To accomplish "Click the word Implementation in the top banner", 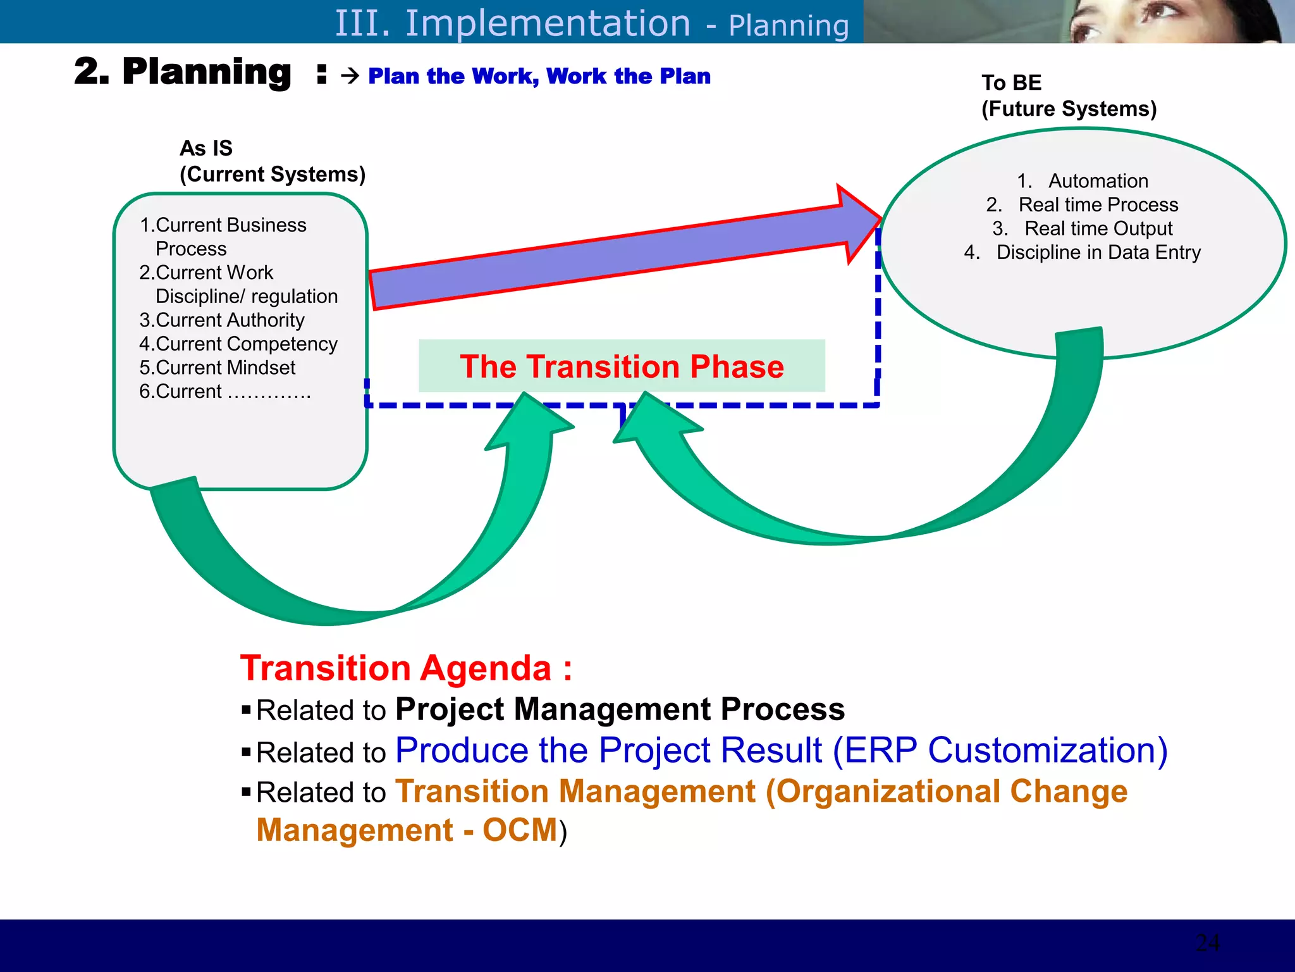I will click(x=547, y=23).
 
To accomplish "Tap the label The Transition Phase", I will click(x=622, y=366).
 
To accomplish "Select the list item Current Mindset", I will click(x=218, y=368).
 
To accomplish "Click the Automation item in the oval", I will click(x=1098, y=181).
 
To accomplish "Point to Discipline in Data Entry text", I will click(x=1098, y=252).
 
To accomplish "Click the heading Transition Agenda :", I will click(x=406, y=668).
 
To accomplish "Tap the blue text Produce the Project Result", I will click(x=608, y=751).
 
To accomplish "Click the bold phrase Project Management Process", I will click(x=620, y=709).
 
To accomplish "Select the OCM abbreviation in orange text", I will click(x=520, y=830).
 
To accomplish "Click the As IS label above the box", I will click(x=206, y=148).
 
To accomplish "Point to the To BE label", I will click(x=1011, y=83).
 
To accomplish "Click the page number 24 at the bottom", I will click(x=1207, y=943).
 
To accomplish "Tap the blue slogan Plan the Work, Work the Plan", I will click(x=539, y=76).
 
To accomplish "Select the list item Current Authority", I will click(x=222, y=320).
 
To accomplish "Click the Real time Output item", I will click(x=1098, y=228).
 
